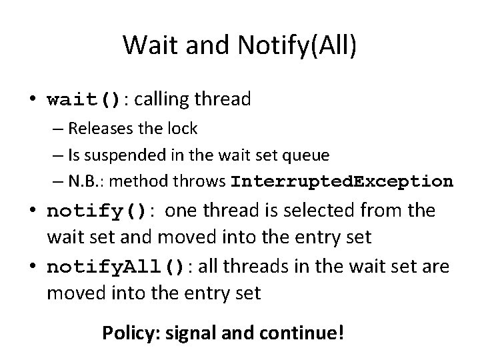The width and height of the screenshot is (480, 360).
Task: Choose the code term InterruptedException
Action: pos(341,181)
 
